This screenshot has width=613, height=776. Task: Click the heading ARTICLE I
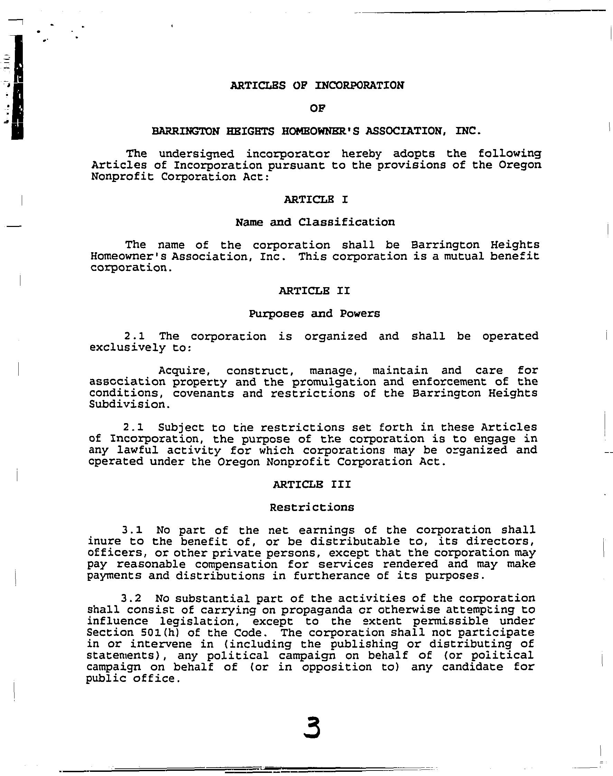(316, 199)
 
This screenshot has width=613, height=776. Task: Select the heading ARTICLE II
(314, 291)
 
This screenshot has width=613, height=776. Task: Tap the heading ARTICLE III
(312, 484)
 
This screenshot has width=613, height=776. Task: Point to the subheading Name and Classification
(315, 222)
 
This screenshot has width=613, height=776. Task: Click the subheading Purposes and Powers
(314, 314)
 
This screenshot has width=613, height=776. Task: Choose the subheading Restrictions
(312, 507)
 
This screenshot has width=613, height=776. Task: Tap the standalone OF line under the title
(317, 108)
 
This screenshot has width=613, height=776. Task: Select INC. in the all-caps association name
(468, 131)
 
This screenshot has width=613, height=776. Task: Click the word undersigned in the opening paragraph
(196, 154)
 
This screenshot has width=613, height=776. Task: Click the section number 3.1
(132, 530)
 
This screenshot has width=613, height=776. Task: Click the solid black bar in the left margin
(17, 87)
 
